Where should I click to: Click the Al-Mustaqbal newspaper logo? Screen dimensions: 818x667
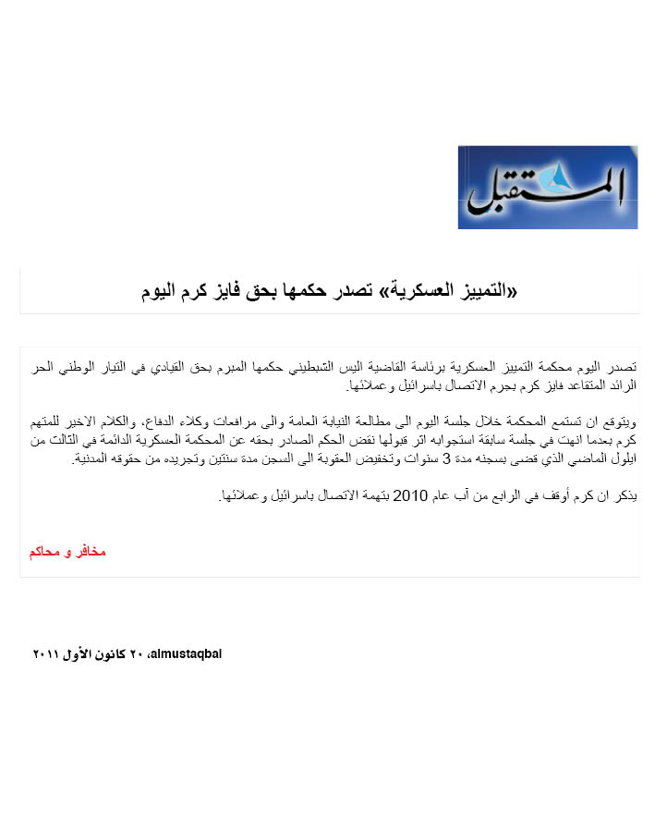tap(547, 187)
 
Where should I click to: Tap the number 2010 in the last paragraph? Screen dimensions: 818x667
tap(409, 496)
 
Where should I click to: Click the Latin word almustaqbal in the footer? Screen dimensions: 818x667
tap(189, 653)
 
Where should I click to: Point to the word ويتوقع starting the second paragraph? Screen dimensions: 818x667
tap(620, 424)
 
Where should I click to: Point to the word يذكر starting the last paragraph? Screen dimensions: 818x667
tap(625, 496)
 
